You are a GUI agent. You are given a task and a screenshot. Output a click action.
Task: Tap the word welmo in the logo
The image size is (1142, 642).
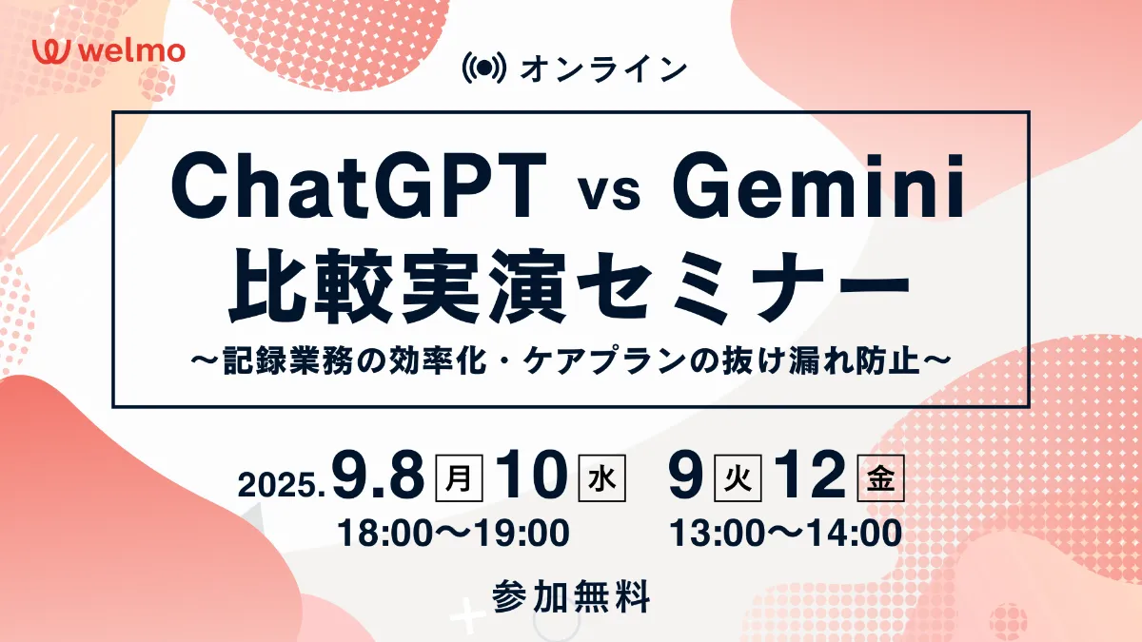132,51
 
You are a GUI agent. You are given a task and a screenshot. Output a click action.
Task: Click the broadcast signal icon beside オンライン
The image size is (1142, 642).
483,68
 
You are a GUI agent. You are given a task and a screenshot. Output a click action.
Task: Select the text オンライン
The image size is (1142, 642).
603,68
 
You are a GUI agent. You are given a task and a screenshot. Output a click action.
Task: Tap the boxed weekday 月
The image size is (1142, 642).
459,477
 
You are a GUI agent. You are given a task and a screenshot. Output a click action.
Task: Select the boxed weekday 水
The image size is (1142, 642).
602,477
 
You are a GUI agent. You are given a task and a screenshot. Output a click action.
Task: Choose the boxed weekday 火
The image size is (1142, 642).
738,477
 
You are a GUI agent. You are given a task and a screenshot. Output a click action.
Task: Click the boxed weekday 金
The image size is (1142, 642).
881,477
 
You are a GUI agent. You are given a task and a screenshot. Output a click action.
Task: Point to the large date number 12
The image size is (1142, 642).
811,475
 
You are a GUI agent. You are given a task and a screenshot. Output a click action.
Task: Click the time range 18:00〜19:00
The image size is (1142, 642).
453,533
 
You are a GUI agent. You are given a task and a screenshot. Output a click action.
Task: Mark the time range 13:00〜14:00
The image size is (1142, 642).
786,533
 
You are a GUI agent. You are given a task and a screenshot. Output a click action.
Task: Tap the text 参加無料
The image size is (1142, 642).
571,595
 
